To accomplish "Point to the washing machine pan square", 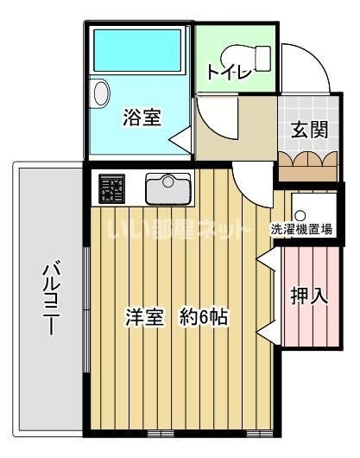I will tap(305, 205).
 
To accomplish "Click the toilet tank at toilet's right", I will tap(263, 54).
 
